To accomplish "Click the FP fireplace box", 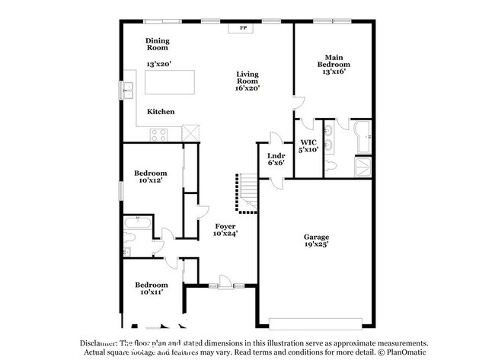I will coord(244,28).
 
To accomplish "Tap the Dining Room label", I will coord(158,43).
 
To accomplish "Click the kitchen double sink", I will coord(126,91).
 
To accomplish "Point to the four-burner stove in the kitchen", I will coord(159,135).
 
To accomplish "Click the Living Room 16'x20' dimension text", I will coord(247,88).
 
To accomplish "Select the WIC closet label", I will coord(308,142).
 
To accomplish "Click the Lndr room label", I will coord(275,158).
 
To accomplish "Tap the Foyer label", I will coord(225,227).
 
